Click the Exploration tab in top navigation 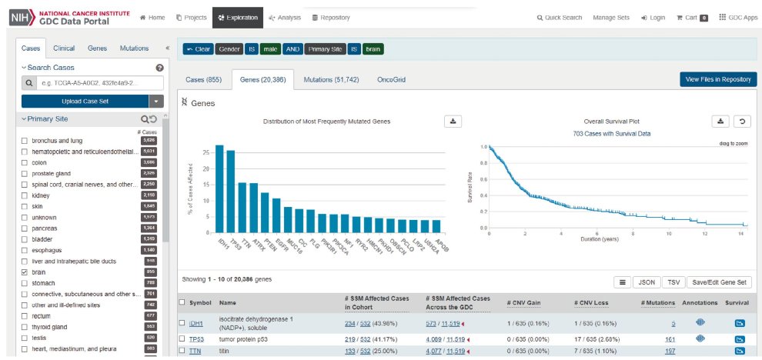click(238, 17)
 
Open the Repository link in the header click(330, 17)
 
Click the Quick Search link click(558, 17)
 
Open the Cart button click(691, 17)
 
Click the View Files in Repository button click(718, 79)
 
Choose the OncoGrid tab click(390, 79)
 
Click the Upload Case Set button click(85, 101)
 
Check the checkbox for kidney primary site click(25, 196)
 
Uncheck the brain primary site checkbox click(25, 272)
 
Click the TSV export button click(673, 282)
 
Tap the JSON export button click(647, 282)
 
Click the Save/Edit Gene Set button click(720, 282)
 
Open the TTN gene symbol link click(196, 352)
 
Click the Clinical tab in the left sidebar click(64, 48)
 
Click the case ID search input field click(100, 82)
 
